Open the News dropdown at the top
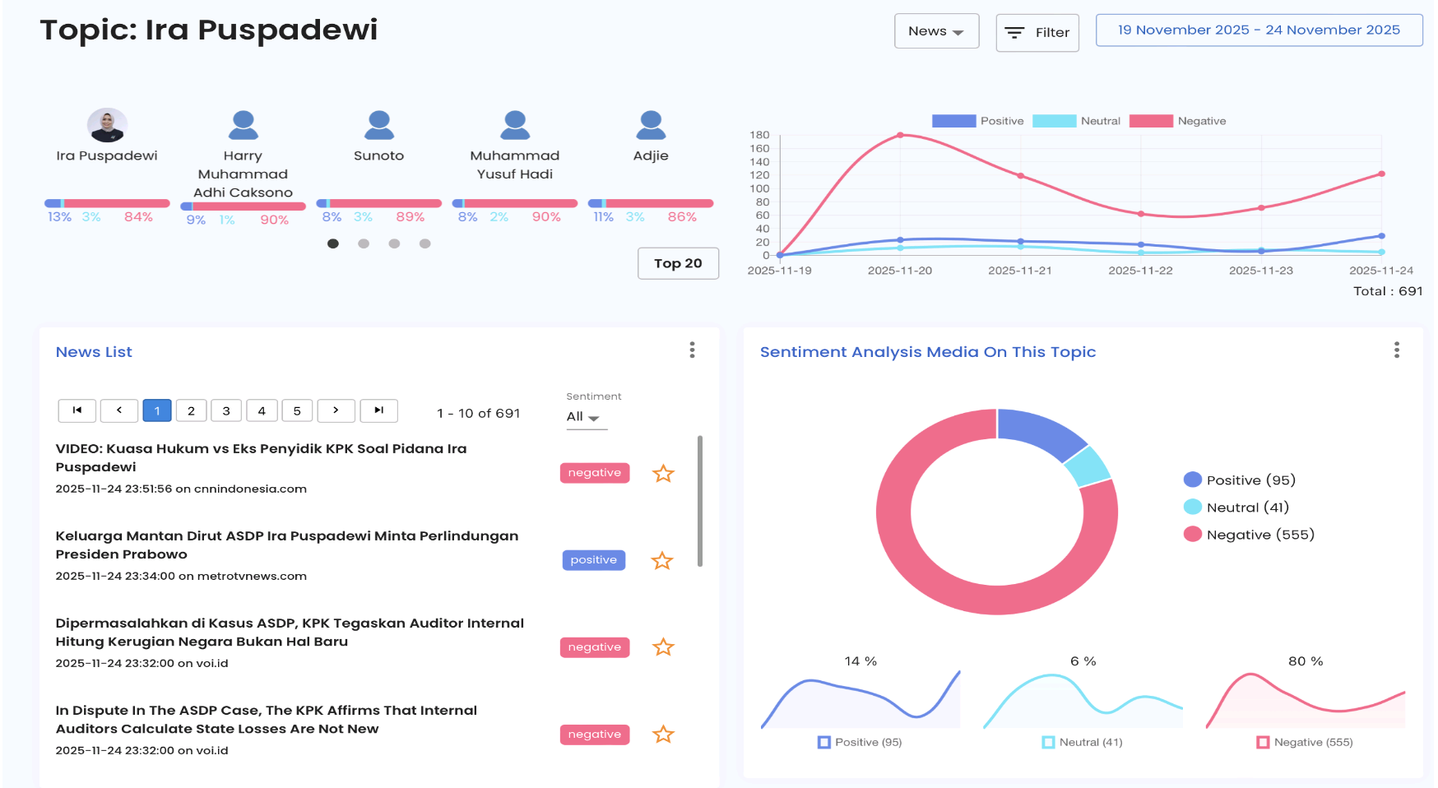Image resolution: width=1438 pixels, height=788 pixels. (x=936, y=31)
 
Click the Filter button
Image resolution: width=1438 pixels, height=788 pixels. (x=1037, y=33)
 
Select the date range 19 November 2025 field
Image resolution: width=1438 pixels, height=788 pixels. (x=1259, y=30)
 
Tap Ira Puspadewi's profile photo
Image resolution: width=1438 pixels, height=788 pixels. (x=107, y=125)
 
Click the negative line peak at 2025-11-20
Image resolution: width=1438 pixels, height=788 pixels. (x=900, y=135)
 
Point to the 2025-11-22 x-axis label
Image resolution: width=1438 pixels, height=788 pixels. (x=1140, y=271)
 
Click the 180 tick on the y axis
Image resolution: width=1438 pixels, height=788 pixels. (x=759, y=135)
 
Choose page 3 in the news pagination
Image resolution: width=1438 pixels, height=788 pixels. (x=226, y=410)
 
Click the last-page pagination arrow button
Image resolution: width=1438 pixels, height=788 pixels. (x=378, y=410)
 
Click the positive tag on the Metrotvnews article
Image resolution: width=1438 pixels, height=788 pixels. (x=594, y=560)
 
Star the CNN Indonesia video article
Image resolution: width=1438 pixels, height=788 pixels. (x=663, y=474)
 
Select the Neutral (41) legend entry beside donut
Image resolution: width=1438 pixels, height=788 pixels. (x=1236, y=508)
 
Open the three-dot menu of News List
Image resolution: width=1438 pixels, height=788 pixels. (x=693, y=350)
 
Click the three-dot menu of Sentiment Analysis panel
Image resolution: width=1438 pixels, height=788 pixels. (x=1397, y=350)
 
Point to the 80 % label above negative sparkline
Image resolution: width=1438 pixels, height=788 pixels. (x=1306, y=661)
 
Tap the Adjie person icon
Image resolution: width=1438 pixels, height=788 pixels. (x=651, y=125)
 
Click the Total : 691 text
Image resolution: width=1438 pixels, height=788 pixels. (x=1388, y=291)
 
